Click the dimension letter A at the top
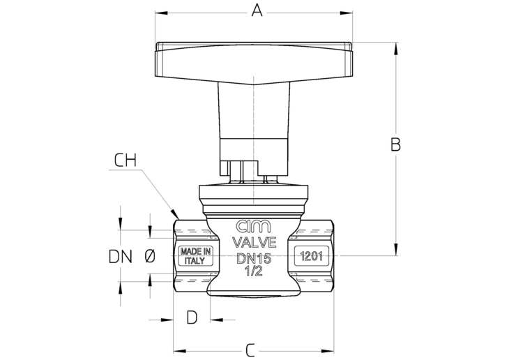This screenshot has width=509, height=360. point(257,10)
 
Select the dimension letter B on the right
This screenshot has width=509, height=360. point(395,145)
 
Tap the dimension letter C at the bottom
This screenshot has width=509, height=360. point(250,350)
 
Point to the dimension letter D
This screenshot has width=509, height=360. point(192,317)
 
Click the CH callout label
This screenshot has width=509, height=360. point(126,160)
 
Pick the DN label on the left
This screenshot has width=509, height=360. point(121,257)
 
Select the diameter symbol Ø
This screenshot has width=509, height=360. point(150,257)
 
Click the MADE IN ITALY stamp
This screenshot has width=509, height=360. point(195,256)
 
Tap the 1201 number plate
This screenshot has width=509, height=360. point(311,256)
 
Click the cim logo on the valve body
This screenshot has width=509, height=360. point(253,227)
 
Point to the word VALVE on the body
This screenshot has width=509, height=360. point(254,242)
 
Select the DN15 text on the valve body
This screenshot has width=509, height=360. point(254,259)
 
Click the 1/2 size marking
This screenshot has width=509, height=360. point(254,271)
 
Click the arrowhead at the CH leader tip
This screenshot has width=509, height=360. point(175,214)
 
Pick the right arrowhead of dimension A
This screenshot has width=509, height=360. point(346,13)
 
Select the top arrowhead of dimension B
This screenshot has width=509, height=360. point(396,48)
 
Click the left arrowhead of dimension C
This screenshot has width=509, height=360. point(179,351)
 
